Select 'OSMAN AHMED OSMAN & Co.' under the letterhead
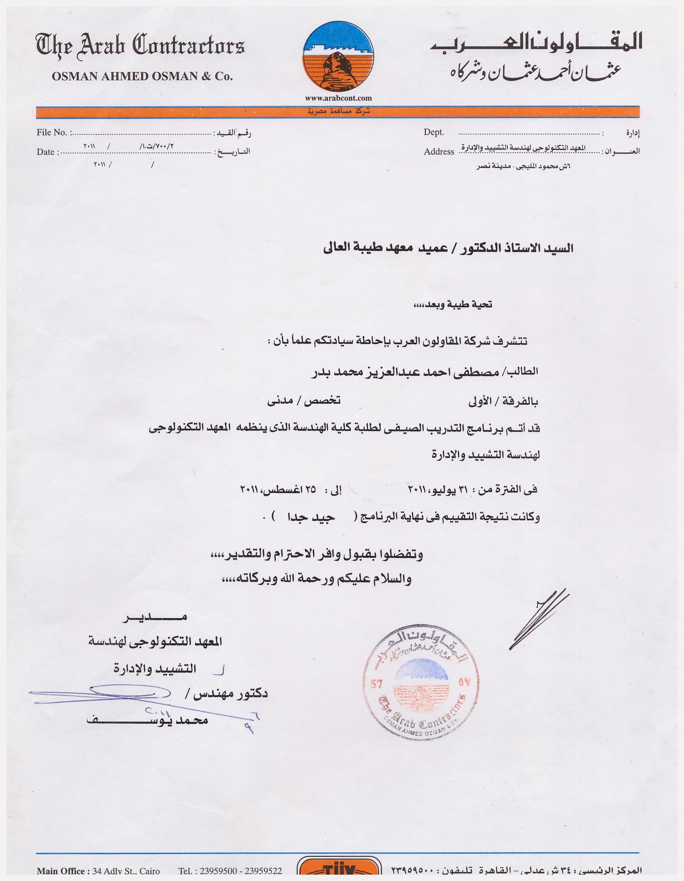[x=142, y=76]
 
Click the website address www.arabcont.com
[x=338, y=98]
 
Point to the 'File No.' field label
[x=52, y=132]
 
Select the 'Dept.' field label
[x=434, y=132]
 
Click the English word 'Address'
[x=439, y=152]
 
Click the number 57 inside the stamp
[x=376, y=684]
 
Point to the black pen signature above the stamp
[x=538, y=622]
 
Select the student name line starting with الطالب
[x=424, y=372]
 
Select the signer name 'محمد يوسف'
[x=147, y=721]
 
